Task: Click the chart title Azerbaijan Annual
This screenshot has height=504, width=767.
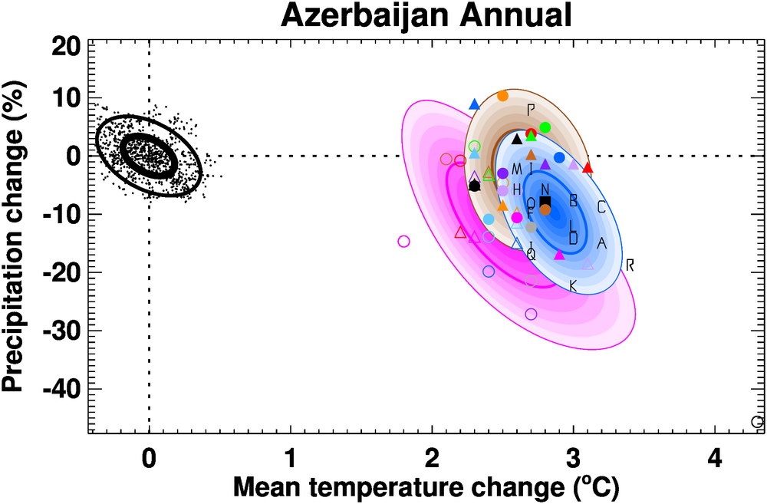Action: (426, 15)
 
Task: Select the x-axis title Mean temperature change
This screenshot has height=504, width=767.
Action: (426, 486)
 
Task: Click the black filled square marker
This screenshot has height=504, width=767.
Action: (545, 202)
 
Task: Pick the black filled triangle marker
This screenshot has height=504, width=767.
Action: (517, 139)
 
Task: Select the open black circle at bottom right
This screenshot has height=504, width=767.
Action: (757, 422)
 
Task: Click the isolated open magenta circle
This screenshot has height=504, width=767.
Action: (404, 242)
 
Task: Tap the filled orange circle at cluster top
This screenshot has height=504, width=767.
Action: (503, 96)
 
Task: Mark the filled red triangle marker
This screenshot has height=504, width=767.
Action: (588, 166)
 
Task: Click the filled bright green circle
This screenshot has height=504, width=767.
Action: (545, 127)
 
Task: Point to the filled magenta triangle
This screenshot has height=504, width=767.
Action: (559, 254)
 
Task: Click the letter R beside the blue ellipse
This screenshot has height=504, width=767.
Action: (630, 265)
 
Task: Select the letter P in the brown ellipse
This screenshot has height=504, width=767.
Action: (531, 110)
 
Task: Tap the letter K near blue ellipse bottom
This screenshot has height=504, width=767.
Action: (572, 286)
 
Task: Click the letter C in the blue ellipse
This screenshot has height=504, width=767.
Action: (601, 207)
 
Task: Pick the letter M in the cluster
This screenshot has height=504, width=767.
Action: (516, 169)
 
